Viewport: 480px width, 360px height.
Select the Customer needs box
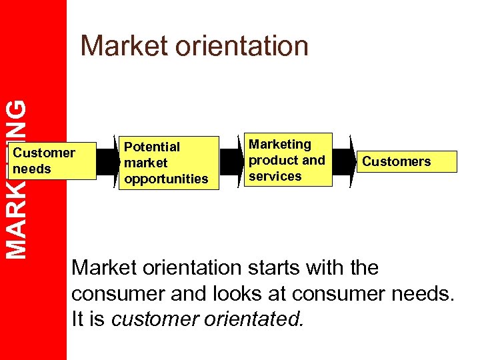(x=53, y=161)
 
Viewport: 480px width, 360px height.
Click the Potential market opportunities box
(x=169, y=163)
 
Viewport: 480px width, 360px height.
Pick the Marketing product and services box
(x=287, y=160)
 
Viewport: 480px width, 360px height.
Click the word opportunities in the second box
(x=167, y=179)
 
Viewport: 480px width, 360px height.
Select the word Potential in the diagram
(x=152, y=147)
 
